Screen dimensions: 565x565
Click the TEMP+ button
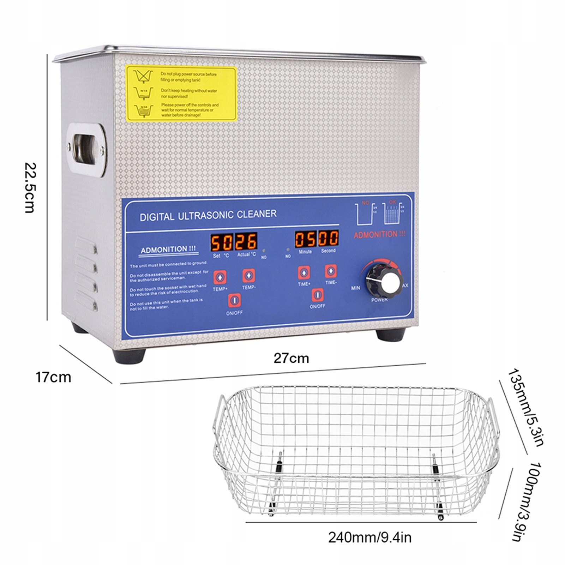pos(220,277)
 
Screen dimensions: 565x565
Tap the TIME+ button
pos(304,272)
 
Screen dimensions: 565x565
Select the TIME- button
pos(331,271)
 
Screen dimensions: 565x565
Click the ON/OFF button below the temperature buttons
pos(234,300)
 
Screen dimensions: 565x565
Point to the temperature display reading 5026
pos(234,242)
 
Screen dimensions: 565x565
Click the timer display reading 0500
pos(317,239)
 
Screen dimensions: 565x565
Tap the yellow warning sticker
pos(181,93)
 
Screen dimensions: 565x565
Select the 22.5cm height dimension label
pos(30,187)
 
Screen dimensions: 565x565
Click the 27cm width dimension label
pos(291,358)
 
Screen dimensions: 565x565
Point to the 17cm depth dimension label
pos(53,377)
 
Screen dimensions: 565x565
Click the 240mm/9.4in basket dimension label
pos(369,537)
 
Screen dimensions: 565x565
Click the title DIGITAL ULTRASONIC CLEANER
pos(208,215)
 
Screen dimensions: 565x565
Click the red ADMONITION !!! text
pos(379,235)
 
